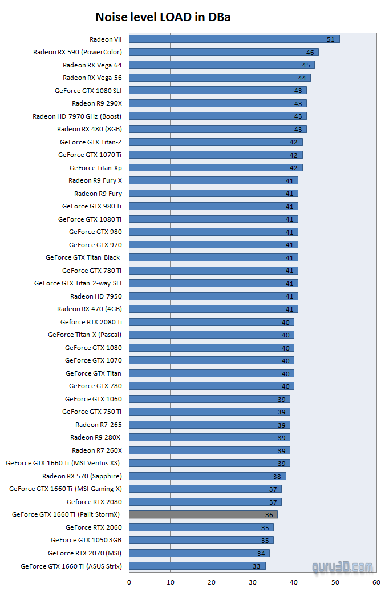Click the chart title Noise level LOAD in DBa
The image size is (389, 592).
(x=163, y=18)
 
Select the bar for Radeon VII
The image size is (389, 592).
(x=234, y=39)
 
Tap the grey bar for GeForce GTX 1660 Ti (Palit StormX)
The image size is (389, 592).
(x=202, y=514)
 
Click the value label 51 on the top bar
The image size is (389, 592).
(x=331, y=39)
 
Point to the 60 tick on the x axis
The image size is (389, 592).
(x=376, y=582)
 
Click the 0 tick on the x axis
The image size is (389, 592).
(x=129, y=582)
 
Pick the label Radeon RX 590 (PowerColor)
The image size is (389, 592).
(x=77, y=52)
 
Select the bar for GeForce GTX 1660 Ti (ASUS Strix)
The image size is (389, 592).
(x=197, y=566)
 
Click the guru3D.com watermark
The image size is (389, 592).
(x=342, y=567)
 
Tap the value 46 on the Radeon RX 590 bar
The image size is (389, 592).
(x=310, y=52)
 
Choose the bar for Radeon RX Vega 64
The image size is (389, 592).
(x=221, y=65)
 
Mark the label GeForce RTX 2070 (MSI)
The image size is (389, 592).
(x=84, y=553)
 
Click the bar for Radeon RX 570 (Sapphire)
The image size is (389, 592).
(x=207, y=476)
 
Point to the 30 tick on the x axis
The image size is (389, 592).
(x=253, y=582)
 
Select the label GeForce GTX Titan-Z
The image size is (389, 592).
(x=90, y=142)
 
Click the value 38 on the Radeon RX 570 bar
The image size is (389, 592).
(x=277, y=476)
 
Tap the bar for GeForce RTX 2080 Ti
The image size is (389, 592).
(x=211, y=322)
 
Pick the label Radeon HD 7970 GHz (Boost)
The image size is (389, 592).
(x=77, y=116)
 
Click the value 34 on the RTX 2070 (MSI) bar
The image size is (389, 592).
(x=261, y=553)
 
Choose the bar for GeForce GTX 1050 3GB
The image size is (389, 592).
(x=201, y=540)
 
